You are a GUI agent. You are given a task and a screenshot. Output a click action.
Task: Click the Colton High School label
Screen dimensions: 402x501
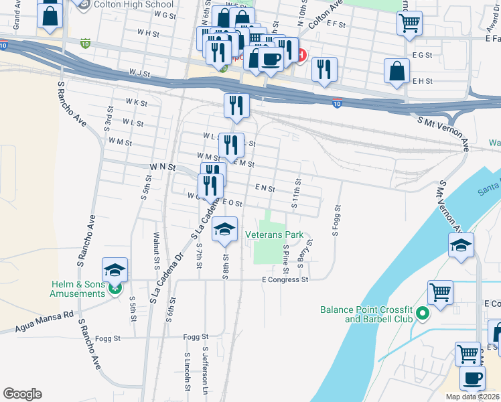[133, 5]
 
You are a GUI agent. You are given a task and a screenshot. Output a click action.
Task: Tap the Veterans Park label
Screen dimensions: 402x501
[275, 235]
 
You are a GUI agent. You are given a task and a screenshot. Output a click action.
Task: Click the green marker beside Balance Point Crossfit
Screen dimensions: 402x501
[422, 314]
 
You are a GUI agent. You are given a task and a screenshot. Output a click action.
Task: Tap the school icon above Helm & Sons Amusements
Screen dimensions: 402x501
[115, 270]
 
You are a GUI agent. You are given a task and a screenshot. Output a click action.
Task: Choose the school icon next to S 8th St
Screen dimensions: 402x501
[225, 230]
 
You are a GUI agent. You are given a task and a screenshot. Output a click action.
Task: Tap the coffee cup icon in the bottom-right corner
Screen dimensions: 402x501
[473, 378]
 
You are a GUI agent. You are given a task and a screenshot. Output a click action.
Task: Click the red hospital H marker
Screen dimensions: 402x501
[301, 56]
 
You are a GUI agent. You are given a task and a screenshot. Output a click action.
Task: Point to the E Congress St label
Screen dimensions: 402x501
[285, 279]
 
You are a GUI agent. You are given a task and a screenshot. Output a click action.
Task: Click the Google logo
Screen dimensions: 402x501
[23, 394]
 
